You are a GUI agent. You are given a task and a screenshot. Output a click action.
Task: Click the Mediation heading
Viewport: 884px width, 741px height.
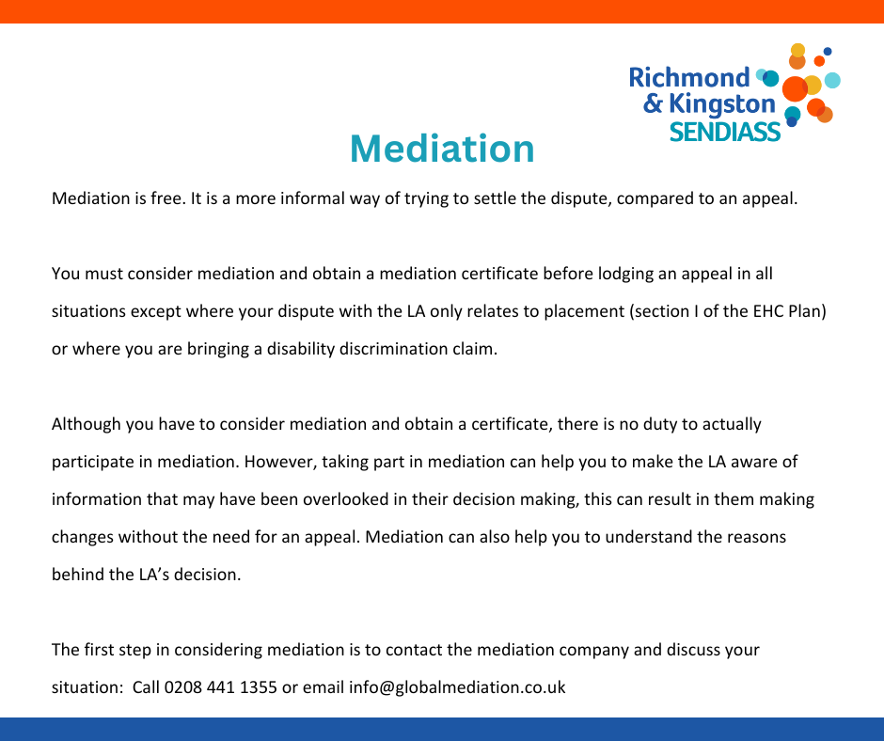pyautogui.click(x=442, y=149)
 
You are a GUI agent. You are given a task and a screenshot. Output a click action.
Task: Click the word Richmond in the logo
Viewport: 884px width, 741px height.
pyautogui.click(x=689, y=78)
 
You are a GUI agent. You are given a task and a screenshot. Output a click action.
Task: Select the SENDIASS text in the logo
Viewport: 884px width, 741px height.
pyautogui.click(x=725, y=132)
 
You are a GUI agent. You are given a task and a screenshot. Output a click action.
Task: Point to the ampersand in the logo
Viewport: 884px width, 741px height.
pyautogui.click(x=653, y=103)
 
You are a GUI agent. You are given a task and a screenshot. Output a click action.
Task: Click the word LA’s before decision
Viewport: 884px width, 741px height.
pyautogui.click(x=154, y=575)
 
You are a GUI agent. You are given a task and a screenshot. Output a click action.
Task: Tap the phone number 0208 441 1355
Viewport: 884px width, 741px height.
pyautogui.click(x=220, y=687)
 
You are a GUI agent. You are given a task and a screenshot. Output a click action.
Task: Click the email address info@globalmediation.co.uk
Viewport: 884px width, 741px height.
pyautogui.click(x=457, y=688)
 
